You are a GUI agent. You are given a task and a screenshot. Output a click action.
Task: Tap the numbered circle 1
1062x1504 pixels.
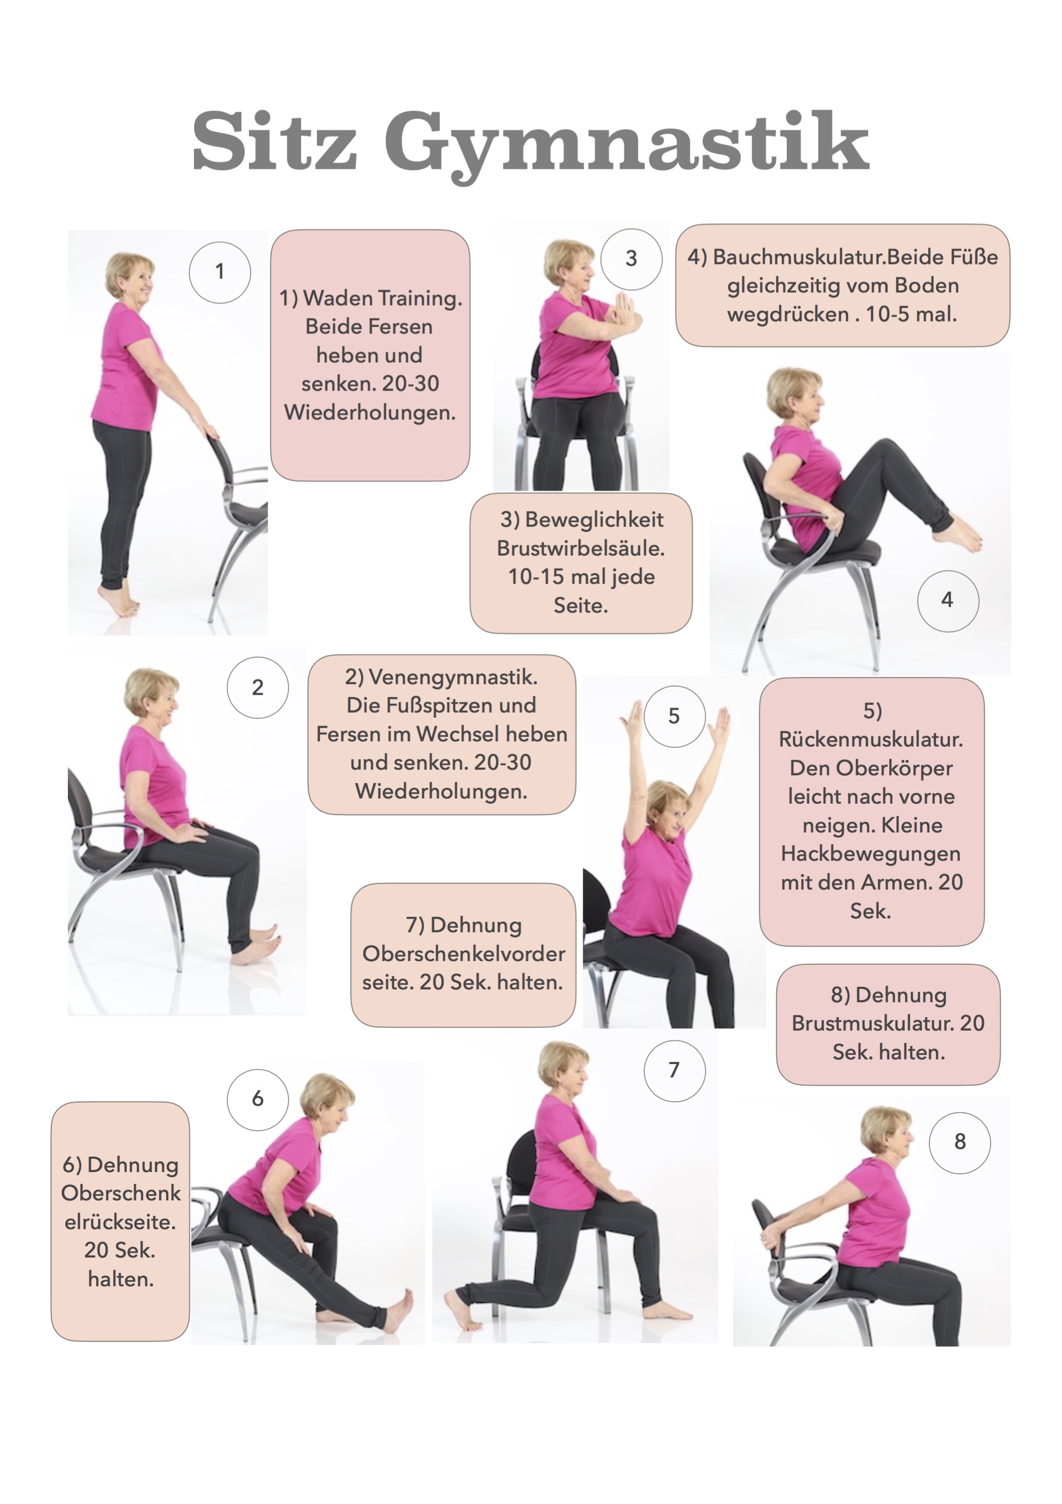click(220, 272)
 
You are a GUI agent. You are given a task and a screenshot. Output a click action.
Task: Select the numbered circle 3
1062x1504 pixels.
click(631, 259)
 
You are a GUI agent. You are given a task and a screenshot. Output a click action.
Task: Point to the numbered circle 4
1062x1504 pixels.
click(948, 600)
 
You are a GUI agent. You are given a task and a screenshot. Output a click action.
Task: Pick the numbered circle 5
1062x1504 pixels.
click(674, 716)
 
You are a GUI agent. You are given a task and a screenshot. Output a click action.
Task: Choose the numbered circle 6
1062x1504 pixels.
click(258, 1099)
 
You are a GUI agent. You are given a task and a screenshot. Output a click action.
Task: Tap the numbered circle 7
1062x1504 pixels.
click(674, 1070)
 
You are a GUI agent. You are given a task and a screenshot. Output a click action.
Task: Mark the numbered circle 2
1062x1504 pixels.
click(258, 687)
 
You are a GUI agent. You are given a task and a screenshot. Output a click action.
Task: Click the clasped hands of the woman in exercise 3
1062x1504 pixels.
click(624, 310)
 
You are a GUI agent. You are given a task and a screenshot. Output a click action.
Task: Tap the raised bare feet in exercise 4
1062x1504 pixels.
click(957, 534)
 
